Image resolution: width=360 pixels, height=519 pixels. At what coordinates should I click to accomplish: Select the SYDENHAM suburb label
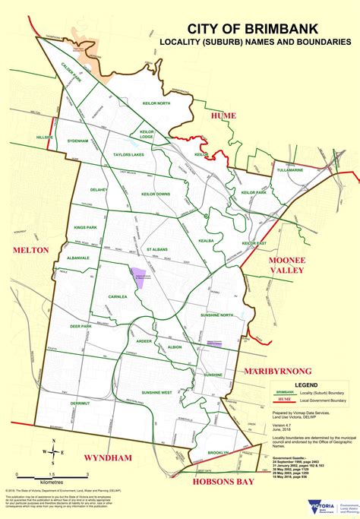click(x=78, y=141)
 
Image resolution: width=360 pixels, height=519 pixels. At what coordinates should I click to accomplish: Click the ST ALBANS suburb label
click(x=157, y=248)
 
